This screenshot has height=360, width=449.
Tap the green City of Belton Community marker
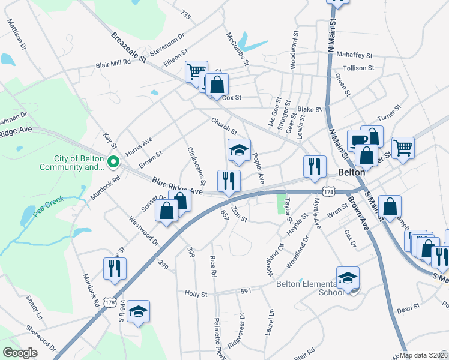112,162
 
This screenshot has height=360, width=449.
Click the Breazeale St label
128,47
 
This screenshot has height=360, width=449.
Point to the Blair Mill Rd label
113,65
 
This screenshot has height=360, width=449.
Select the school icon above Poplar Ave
239,150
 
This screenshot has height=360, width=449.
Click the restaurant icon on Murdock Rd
115,268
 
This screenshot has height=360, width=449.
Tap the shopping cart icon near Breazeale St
196,71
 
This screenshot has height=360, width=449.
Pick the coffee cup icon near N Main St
358,140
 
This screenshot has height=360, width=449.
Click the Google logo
20,353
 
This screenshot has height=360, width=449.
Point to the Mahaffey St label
355,54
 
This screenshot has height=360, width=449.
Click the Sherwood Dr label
41,339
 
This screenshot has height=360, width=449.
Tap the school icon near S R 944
139,311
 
